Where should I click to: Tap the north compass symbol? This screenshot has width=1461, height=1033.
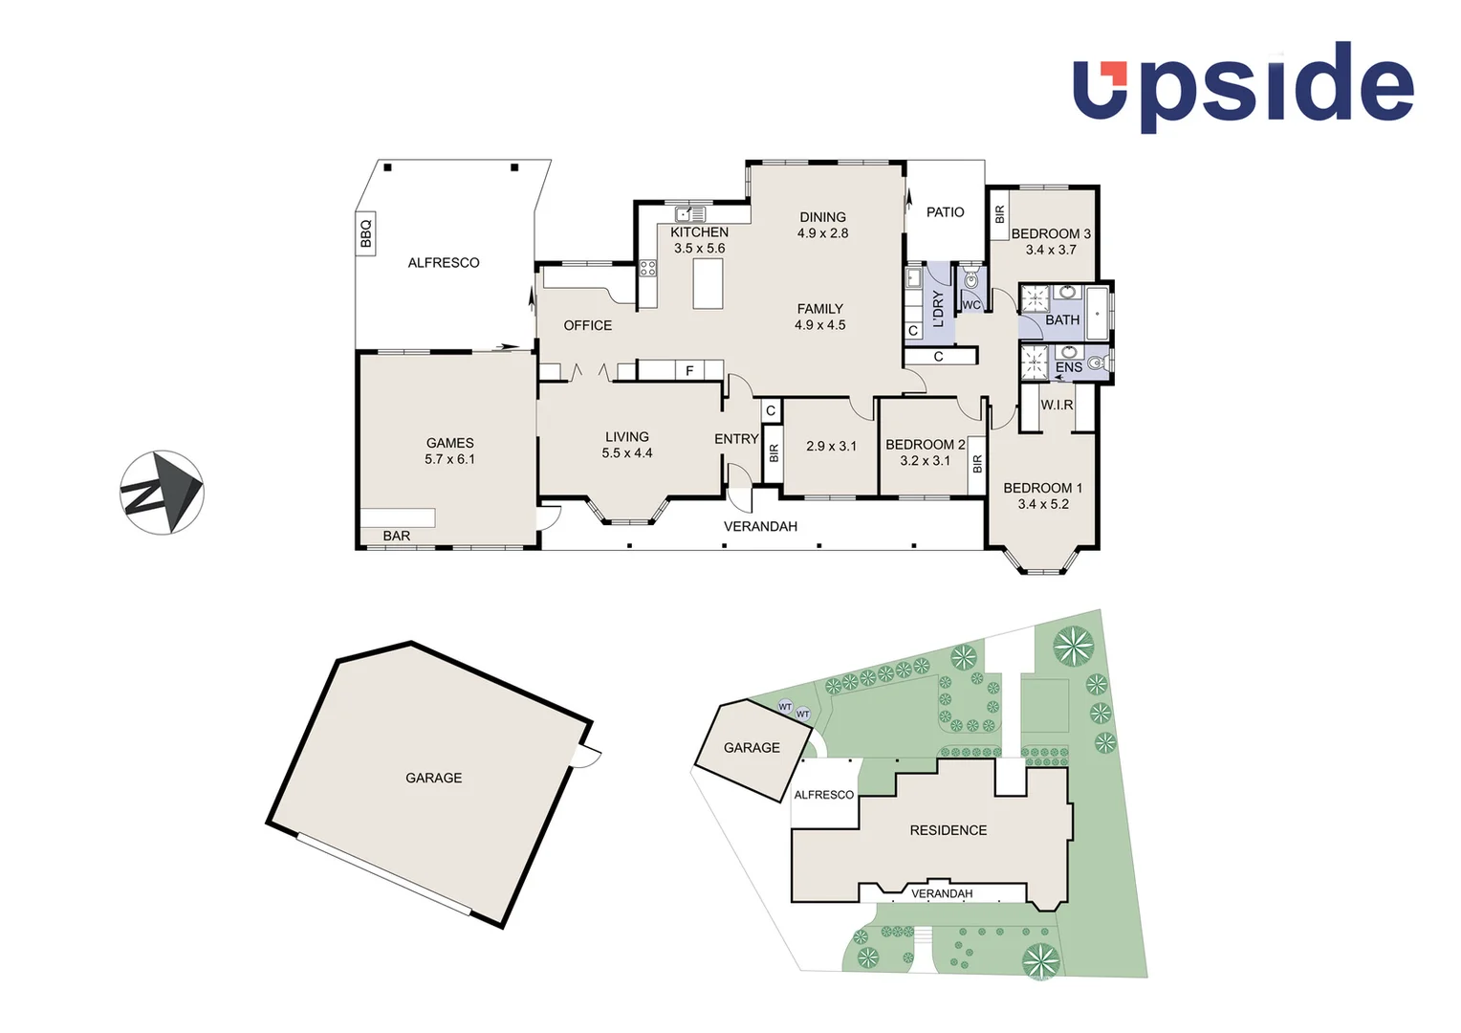(x=162, y=493)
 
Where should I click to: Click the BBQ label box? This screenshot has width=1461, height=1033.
(x=365, y=233)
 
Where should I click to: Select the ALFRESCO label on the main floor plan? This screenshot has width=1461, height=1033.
(x=443, y=262)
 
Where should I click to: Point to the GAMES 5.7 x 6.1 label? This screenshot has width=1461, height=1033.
(x=449, y=451)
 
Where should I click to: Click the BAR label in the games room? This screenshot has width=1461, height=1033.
(x=396, y=536)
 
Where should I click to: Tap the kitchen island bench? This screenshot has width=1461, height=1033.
(x=708, y=284)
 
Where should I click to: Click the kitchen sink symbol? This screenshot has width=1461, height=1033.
(x=689, y=214)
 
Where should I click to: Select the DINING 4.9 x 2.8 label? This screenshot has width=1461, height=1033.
(x=822, y=225)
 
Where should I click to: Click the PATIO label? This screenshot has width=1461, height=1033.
(x=945, y=212)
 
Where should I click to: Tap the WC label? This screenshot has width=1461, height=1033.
(x=971, y=305)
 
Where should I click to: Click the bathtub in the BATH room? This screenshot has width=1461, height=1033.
(x=1097, y=312)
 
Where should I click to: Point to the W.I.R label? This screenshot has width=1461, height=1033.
(x=1057, y=405)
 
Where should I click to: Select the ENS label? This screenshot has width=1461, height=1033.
(x=1068, y=367)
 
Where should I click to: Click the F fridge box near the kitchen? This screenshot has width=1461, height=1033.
(x=688, y=370)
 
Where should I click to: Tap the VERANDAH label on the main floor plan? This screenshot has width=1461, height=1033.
(x=760, y=526)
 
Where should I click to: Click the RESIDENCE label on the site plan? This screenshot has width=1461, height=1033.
(x=948, y=830)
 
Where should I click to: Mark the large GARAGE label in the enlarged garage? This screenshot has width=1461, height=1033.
(x=433, y=778)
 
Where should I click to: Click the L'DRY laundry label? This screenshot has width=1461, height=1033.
(x=938, y=308)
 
